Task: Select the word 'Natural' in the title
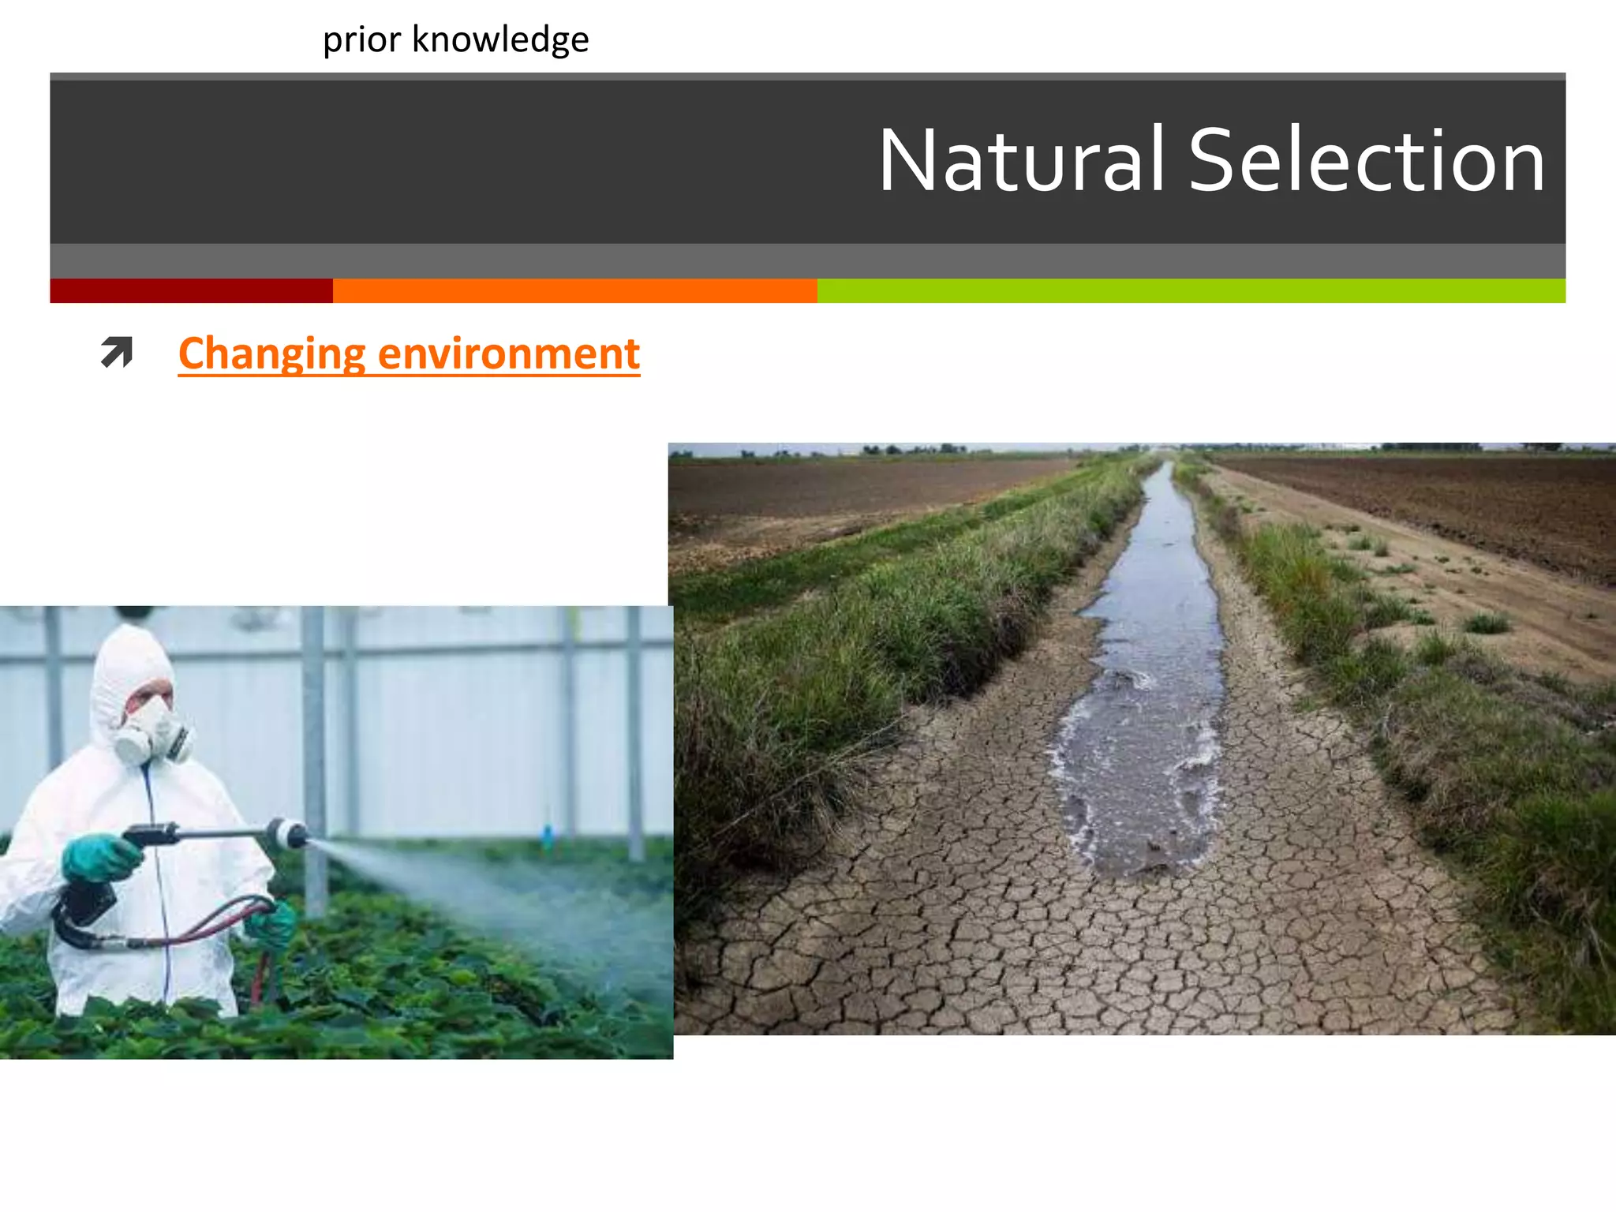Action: tap(1022, 161)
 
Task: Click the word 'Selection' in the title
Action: tap(1366, 161)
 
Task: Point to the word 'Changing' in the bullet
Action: tap(271, 353)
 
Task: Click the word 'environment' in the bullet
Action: tap(509, 353)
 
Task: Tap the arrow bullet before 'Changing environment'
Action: tap(117, 352)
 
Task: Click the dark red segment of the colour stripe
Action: tap(191, 290)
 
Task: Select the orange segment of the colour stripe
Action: tap(574, 290)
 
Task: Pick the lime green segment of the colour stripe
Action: tap(1191, 290)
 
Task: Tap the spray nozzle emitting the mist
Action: tap(289, 833)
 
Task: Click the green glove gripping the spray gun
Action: tap(99, 858)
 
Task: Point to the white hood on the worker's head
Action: tap(126, 663)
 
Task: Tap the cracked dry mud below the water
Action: tap(1105, 963)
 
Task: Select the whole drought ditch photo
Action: tap(1142, 739)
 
